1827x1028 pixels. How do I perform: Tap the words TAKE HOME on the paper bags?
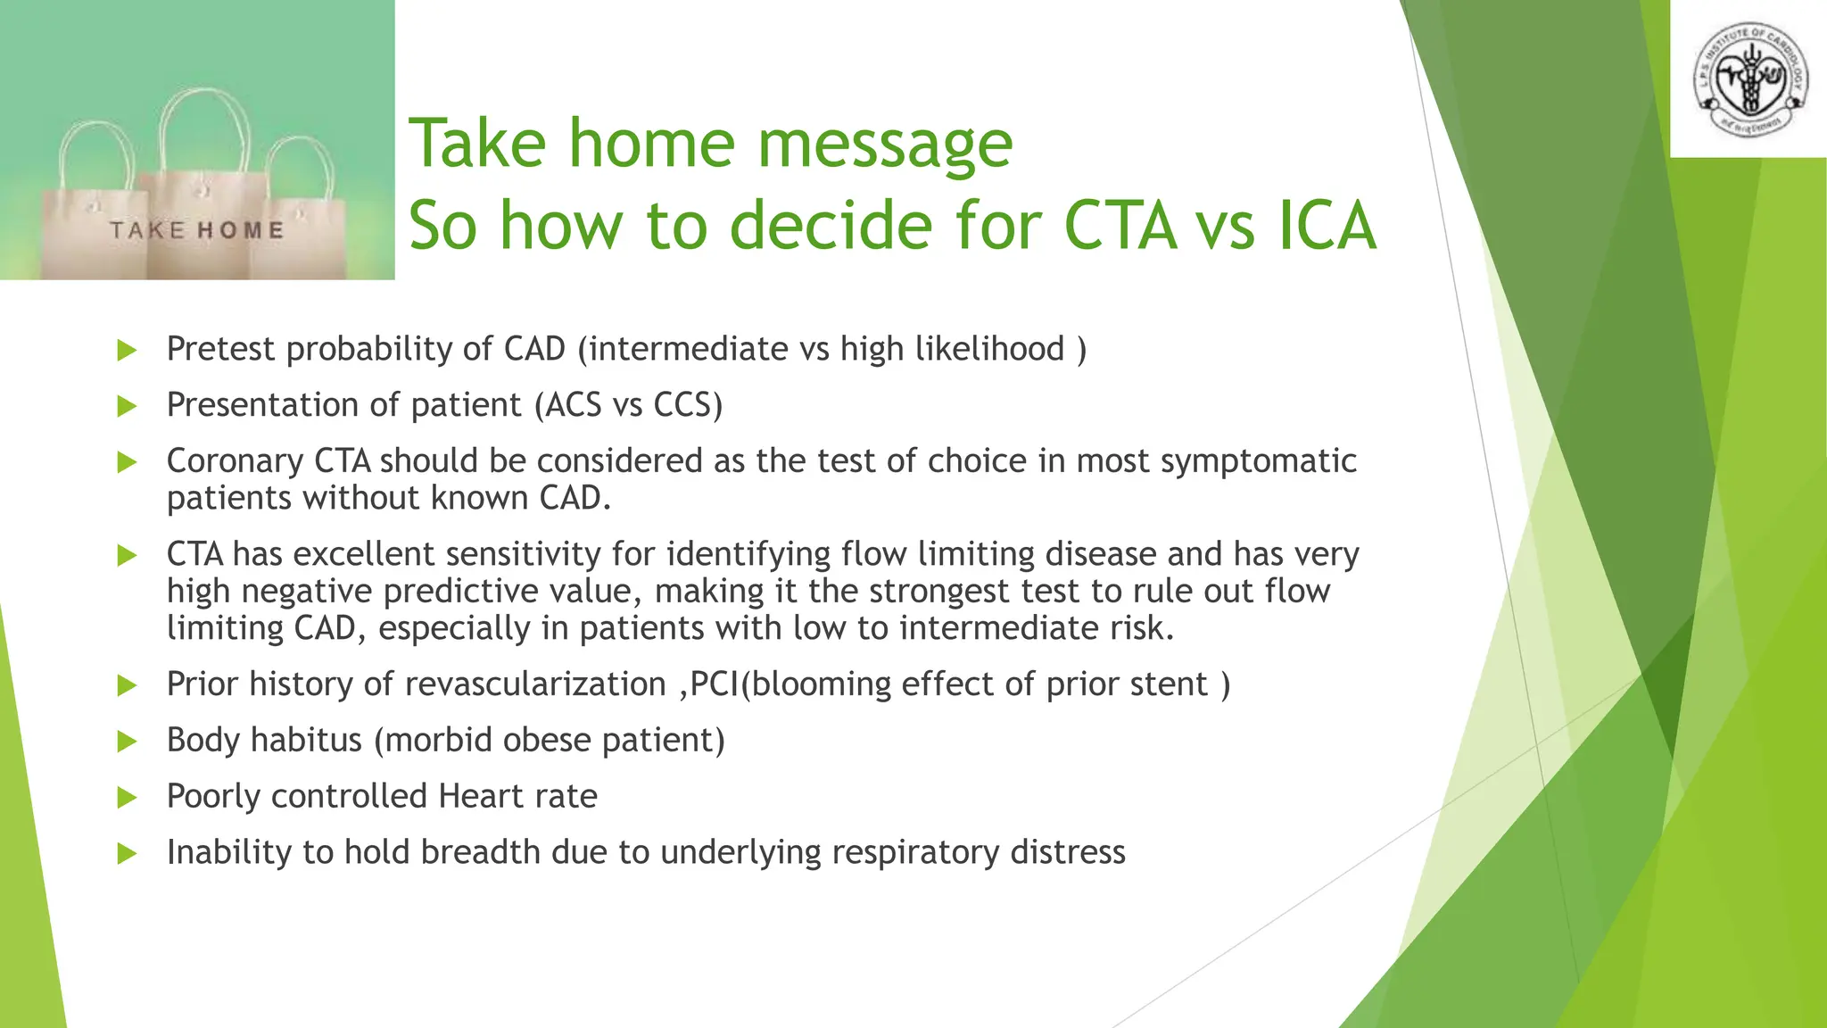197,230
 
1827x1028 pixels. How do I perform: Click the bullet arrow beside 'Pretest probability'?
127,350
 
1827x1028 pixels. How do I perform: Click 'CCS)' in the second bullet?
688,405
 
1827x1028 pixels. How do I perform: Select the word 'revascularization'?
535,684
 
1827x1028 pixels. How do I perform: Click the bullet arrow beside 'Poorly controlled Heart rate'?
127,797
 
